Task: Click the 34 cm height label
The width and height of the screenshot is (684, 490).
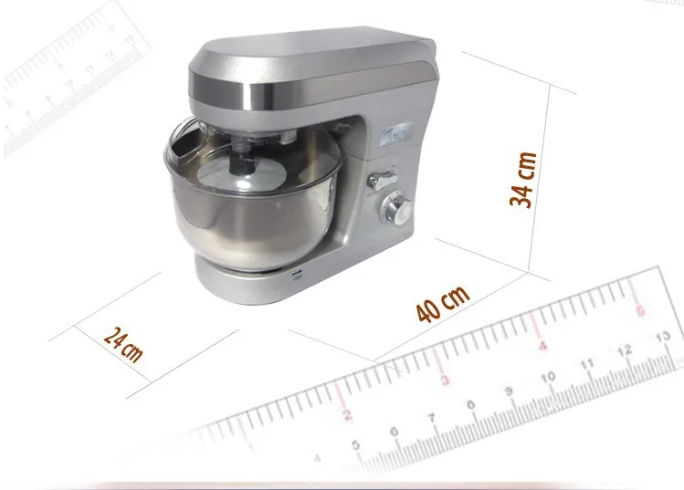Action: [522, 180]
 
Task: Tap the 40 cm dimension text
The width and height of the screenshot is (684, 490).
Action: [442, 304]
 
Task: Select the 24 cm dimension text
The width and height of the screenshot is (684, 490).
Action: [123, 344]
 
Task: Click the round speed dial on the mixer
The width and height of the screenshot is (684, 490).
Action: [396, 210]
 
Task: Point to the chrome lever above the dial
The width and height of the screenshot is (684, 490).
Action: [381, 180]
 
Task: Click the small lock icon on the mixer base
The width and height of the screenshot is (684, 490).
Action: [298, 275]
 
